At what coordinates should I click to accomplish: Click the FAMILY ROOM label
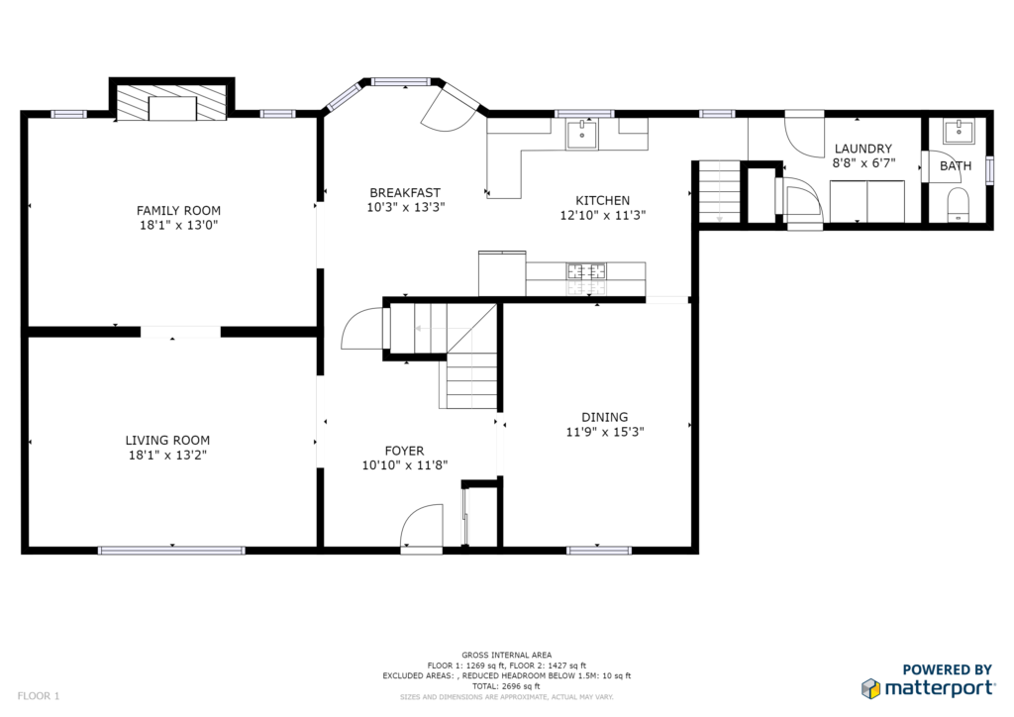pos(178,210)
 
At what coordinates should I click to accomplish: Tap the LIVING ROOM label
pos(167,441)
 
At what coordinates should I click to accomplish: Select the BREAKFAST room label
pos(405,193)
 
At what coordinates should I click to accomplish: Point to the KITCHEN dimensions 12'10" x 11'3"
pos(603,215)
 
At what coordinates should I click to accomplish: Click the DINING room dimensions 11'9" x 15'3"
pos(605,432)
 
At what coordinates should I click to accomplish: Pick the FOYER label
pos(404,451)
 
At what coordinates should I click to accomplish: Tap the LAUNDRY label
pos(862,149)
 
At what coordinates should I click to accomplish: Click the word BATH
pos(956,166)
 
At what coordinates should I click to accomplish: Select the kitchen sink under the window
pos(582,134)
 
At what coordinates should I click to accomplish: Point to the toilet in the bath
pos(958,204)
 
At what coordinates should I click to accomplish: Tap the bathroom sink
pos(959,132)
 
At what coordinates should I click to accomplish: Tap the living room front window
pos(171,551)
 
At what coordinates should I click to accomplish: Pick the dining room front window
pos(598,551)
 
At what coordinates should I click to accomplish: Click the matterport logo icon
pos(870,688)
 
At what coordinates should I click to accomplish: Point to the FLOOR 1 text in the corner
pos(39,696)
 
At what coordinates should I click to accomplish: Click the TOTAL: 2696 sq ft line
pos(506,686)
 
